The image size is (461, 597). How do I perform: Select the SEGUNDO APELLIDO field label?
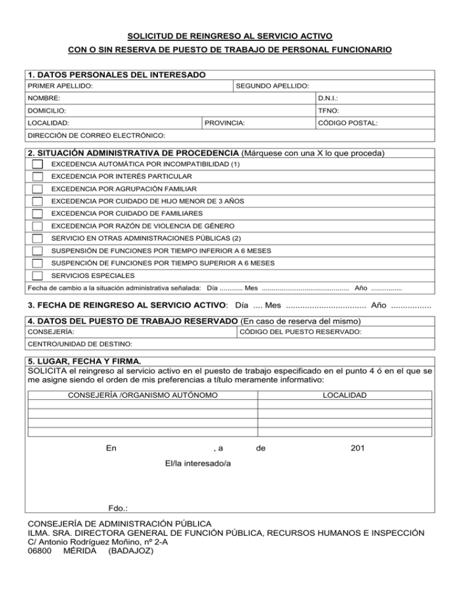[273, 86]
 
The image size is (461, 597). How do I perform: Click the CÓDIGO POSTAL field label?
[348, 123]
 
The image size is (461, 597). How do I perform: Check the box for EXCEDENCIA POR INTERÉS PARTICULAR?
[38, 177]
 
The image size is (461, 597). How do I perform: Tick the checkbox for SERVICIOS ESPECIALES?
[38, 276]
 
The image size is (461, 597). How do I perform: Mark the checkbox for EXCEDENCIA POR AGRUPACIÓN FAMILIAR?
[38, 189]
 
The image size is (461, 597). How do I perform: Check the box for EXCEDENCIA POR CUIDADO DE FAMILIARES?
[38, 214]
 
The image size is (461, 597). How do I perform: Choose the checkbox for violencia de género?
[38, 226]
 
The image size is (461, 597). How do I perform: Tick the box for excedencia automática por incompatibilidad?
[38, 164]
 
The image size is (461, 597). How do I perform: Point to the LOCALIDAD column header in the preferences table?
[345, 395]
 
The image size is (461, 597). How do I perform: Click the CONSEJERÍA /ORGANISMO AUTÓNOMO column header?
[143, 395]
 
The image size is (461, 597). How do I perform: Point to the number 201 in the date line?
[358, 448]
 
